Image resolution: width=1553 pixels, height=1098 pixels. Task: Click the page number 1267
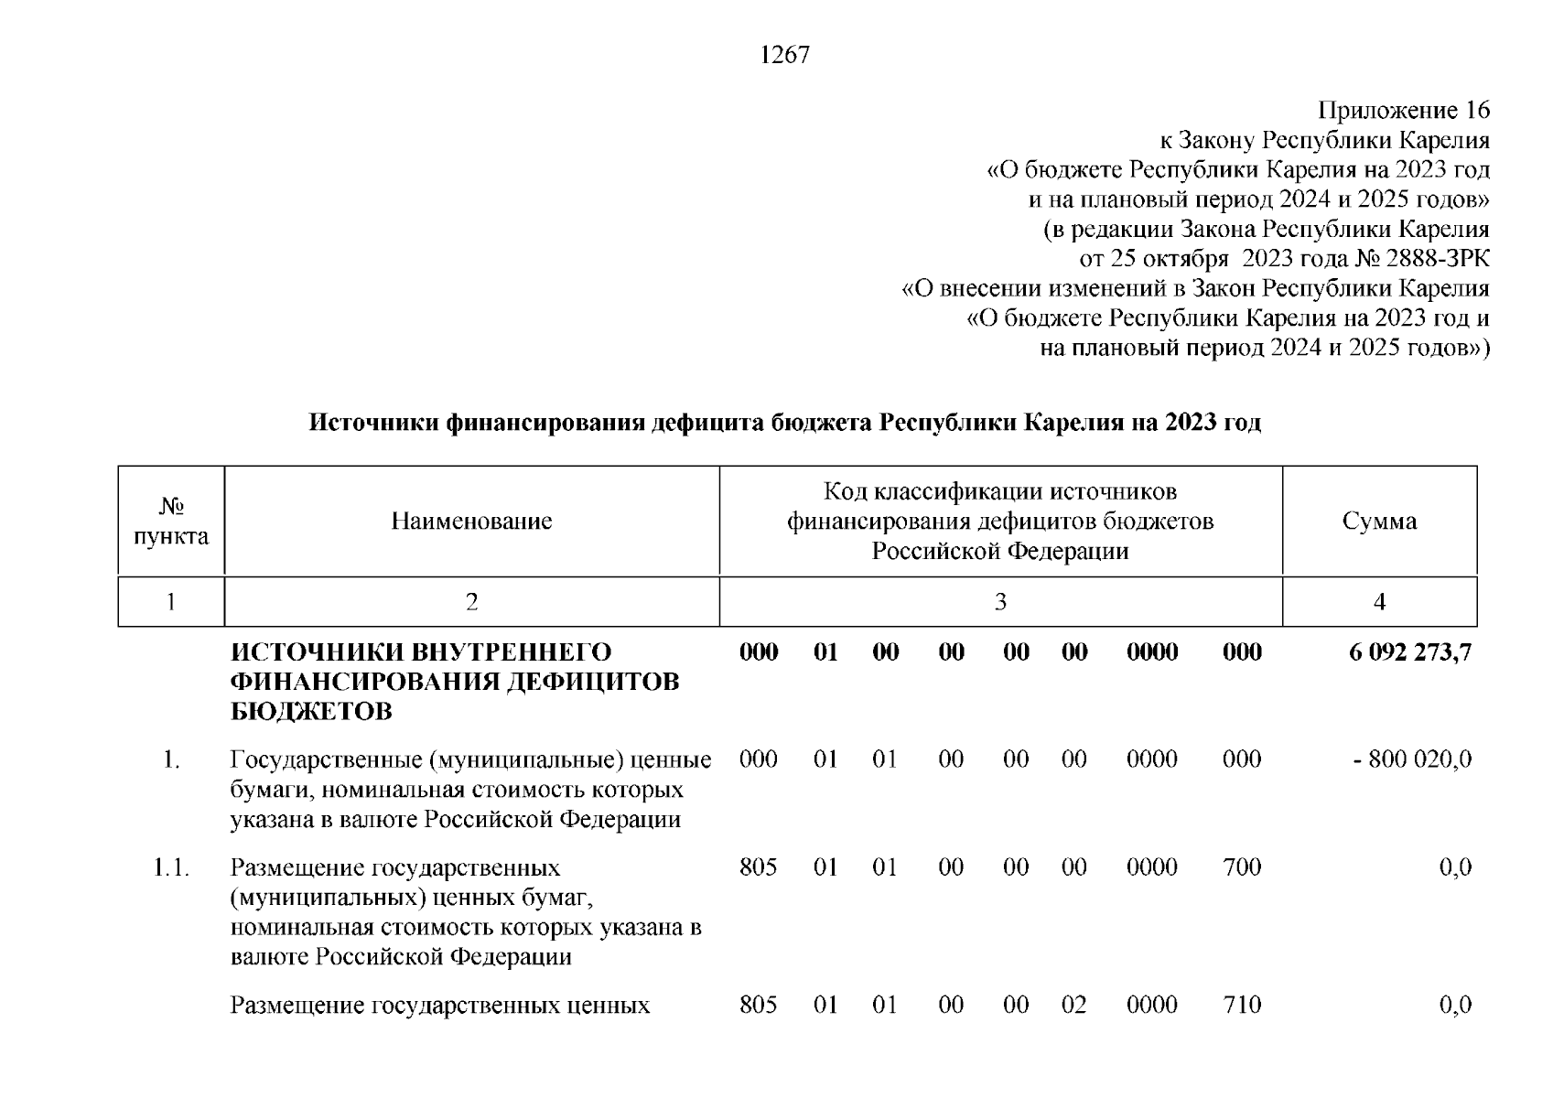(784, 56)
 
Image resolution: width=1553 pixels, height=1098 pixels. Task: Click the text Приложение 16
(1403, 111)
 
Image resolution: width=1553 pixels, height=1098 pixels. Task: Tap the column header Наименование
(471, 522)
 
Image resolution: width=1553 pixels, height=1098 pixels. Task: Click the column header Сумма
(1379, 522)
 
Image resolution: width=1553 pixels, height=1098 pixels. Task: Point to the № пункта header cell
(171, 522)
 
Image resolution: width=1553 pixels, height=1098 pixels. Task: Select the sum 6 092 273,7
(1410, 652)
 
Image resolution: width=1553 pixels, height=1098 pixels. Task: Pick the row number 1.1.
(171, 867)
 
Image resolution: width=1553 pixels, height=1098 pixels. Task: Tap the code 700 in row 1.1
(1242, 867)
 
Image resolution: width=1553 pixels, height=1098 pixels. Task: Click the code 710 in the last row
(1242, 1006)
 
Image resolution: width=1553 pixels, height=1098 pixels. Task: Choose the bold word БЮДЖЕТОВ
(311, 712)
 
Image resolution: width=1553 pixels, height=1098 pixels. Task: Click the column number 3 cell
(1000, 602)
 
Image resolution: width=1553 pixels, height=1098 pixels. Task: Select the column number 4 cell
(1379, 602)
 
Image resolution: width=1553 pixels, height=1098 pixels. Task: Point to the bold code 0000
(1152, 652)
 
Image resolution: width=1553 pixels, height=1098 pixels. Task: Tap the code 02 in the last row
(1073, 1006)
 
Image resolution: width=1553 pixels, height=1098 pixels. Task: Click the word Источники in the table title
(373, 423)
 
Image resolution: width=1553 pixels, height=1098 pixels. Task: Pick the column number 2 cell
(471, 602)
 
